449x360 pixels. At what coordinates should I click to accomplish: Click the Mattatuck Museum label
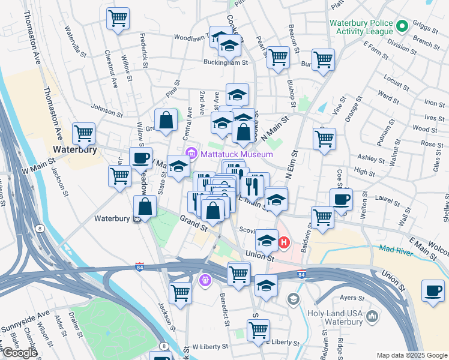237,154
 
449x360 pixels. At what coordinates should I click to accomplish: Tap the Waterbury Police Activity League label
361,26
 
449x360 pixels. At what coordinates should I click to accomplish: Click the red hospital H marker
284,243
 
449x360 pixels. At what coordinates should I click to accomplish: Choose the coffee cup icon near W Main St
141,158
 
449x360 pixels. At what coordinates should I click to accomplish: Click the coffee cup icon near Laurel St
341,200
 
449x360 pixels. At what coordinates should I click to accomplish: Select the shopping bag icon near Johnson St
166,119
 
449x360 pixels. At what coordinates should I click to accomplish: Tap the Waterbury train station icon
137,218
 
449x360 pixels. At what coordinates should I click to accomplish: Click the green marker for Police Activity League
402,26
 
